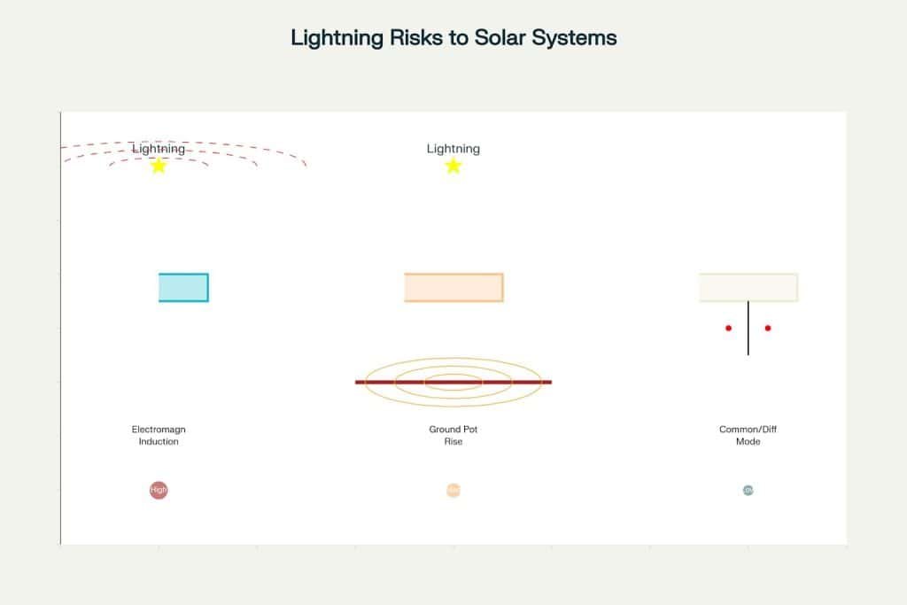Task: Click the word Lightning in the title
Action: (332, 38)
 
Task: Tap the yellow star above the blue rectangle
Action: (159, 166)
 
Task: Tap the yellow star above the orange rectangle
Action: (453, 166)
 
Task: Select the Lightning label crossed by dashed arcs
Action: (159, 149)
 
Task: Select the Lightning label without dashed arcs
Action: (453, 149)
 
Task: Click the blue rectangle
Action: (183, 287)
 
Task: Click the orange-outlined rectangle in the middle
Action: (453, 287)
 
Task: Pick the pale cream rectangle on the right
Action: (748, 287)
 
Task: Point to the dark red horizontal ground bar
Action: (372, 383)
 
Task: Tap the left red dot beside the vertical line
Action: (729, 328)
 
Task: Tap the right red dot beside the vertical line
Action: (768, 328)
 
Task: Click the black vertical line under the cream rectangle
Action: (748, 341)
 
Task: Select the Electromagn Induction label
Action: (159, 435)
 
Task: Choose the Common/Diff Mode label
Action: (748, 435)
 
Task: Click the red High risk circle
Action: (159, 490)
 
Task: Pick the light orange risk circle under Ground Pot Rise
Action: (453, 490)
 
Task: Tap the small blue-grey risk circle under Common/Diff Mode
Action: (748, 490)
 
